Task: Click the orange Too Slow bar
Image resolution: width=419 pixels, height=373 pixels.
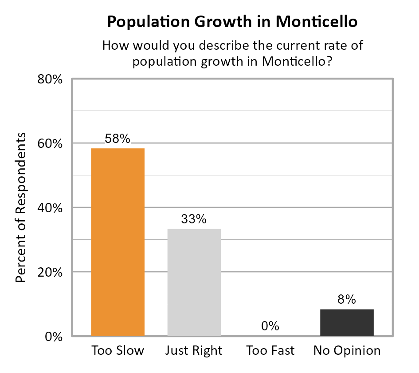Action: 117,242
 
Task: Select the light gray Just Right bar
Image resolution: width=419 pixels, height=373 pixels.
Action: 194,282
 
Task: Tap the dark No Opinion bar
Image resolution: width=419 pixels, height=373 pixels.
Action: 347,322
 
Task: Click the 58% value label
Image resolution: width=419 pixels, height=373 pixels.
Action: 117,139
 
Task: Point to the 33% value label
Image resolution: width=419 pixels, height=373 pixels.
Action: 194,219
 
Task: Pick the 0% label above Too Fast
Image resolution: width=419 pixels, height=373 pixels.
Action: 270,326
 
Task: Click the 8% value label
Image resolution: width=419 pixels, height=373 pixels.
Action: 347,300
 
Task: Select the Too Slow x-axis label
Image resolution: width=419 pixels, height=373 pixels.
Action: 117,350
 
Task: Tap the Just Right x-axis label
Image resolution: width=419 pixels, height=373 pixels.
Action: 194,350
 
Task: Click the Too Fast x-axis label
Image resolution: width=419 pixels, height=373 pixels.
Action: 270,350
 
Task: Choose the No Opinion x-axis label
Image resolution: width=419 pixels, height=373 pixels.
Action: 347,350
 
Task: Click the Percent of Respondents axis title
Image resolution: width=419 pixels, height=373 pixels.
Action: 21,207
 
